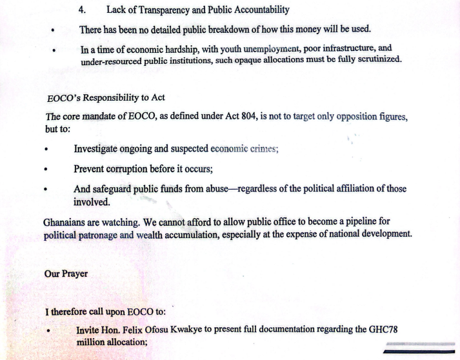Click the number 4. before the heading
tap(82, 10)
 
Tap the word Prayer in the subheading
tap(76, 273)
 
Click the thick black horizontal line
tap(419, 353)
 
